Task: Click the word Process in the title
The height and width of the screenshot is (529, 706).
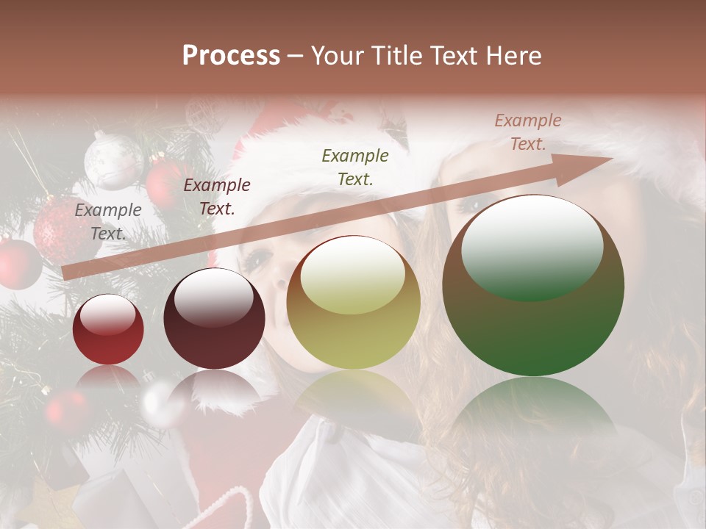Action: tap(231, 56)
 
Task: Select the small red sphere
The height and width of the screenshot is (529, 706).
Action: tap(108, 330)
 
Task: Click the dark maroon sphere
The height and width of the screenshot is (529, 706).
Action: tap(214, 319)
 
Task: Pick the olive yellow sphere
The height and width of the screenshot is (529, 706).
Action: tap(353, 303)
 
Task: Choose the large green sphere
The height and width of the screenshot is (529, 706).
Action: tap(533, 286)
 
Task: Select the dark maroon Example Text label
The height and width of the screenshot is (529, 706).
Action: tap(217, 197)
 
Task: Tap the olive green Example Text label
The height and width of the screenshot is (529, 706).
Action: tap(355, 167)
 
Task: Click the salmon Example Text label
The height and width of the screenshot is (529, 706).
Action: tap(528, 132)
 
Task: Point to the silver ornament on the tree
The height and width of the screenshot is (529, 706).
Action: tap(113, 160)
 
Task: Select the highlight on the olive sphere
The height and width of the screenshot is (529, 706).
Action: tap(352, 278)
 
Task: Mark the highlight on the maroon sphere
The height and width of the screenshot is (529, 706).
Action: tap(213, 298)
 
